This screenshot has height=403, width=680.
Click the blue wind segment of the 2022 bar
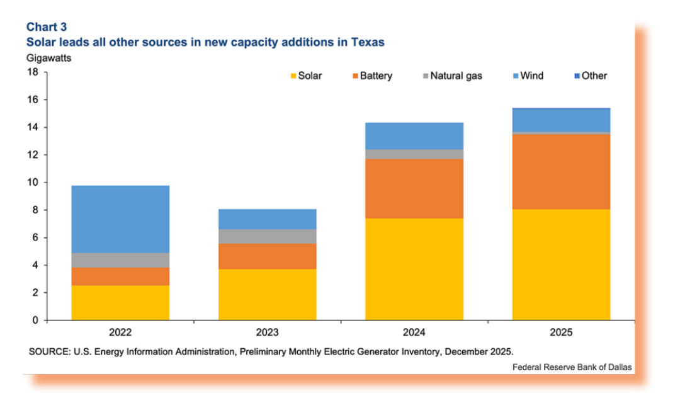point(120,219)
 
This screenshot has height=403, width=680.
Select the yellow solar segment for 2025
point(561,264)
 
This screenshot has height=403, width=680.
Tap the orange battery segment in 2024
point(414,188)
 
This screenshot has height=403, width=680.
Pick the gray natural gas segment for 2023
point(267,236)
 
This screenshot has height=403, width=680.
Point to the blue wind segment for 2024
point(414,135)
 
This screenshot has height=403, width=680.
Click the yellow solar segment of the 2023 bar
point(267,294)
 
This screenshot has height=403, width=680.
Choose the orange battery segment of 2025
point(561,171)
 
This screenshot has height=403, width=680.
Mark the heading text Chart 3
point(45,27)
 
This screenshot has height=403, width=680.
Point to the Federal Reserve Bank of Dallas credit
point(572,366)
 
